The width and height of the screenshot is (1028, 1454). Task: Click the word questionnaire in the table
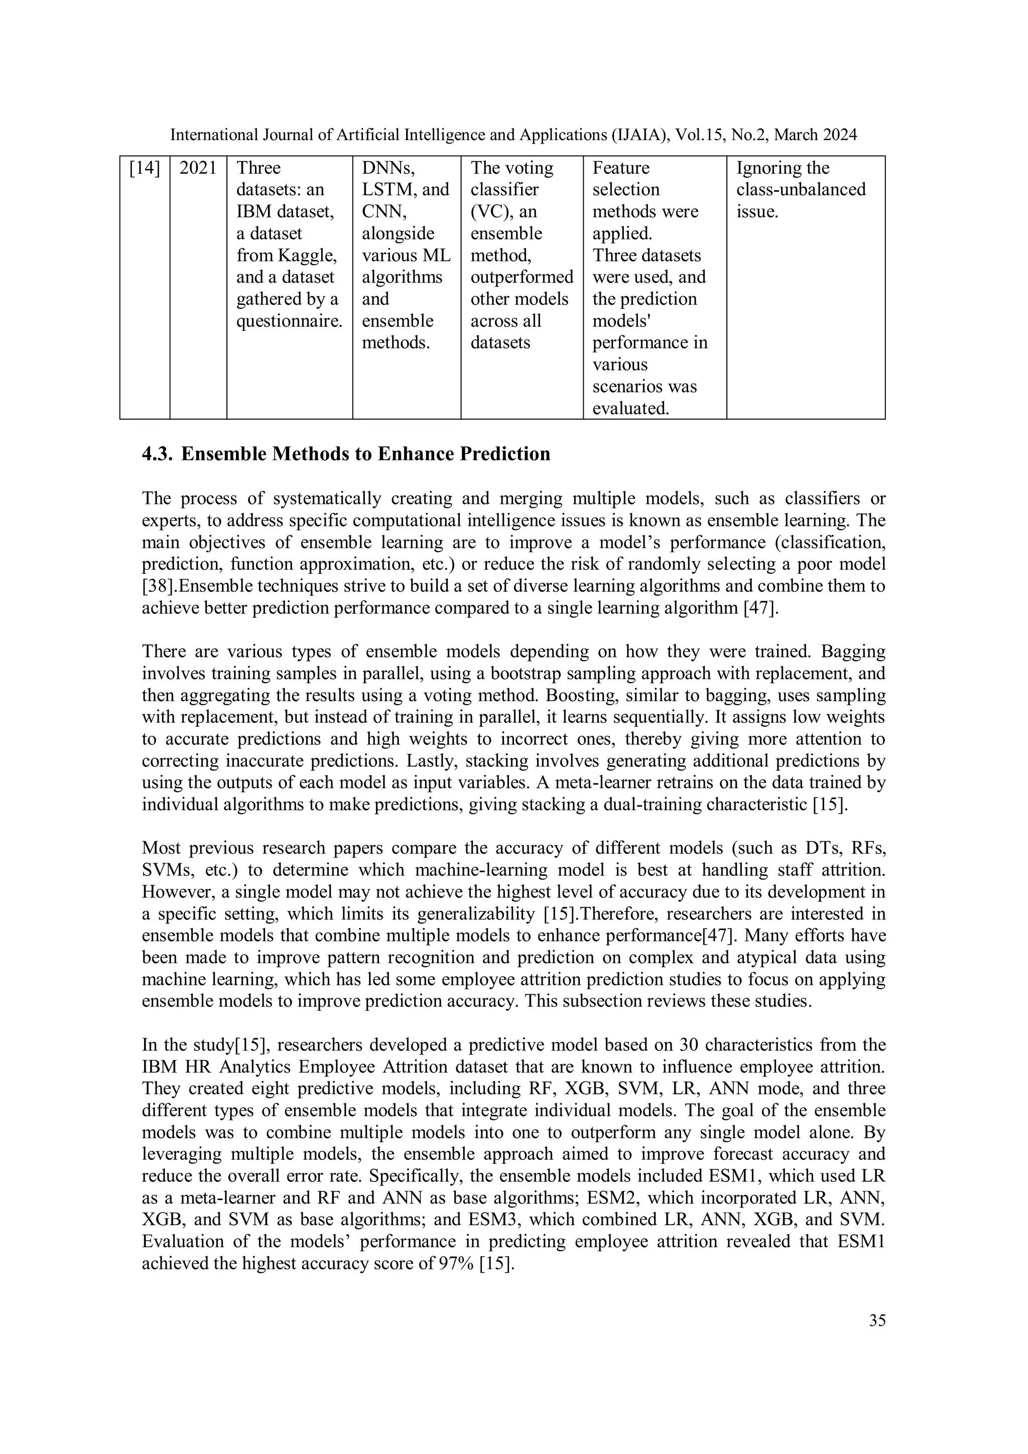(288, 321)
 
